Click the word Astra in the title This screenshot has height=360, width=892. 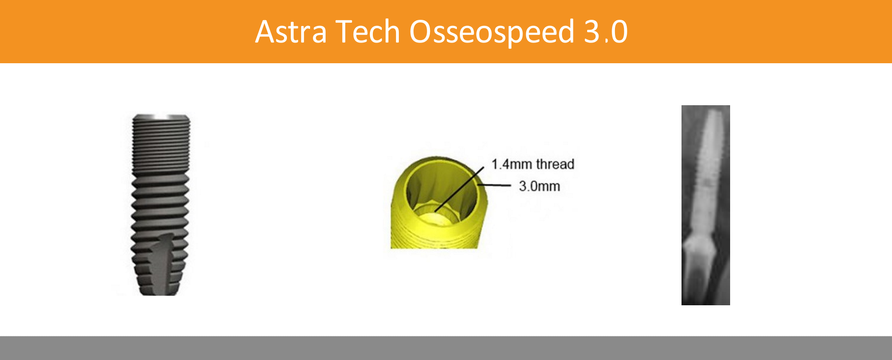point(291,32)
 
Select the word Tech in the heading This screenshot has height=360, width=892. point(368,32)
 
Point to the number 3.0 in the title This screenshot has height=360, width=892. point(606,32)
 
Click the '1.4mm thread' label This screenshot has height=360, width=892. point(533,164)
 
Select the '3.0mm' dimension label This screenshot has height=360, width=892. point(539,186)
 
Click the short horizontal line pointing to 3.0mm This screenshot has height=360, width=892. point(495,185)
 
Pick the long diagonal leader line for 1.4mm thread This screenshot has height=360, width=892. point(459,189)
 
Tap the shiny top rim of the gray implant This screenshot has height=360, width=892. point(161,117)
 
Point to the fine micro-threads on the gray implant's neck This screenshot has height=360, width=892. point(161,146)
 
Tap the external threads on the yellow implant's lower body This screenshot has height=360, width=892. point(434,236)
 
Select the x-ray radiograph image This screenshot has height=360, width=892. point(706,205)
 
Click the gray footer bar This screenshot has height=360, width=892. point(446,348)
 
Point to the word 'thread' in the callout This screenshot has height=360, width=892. point(555,164)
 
